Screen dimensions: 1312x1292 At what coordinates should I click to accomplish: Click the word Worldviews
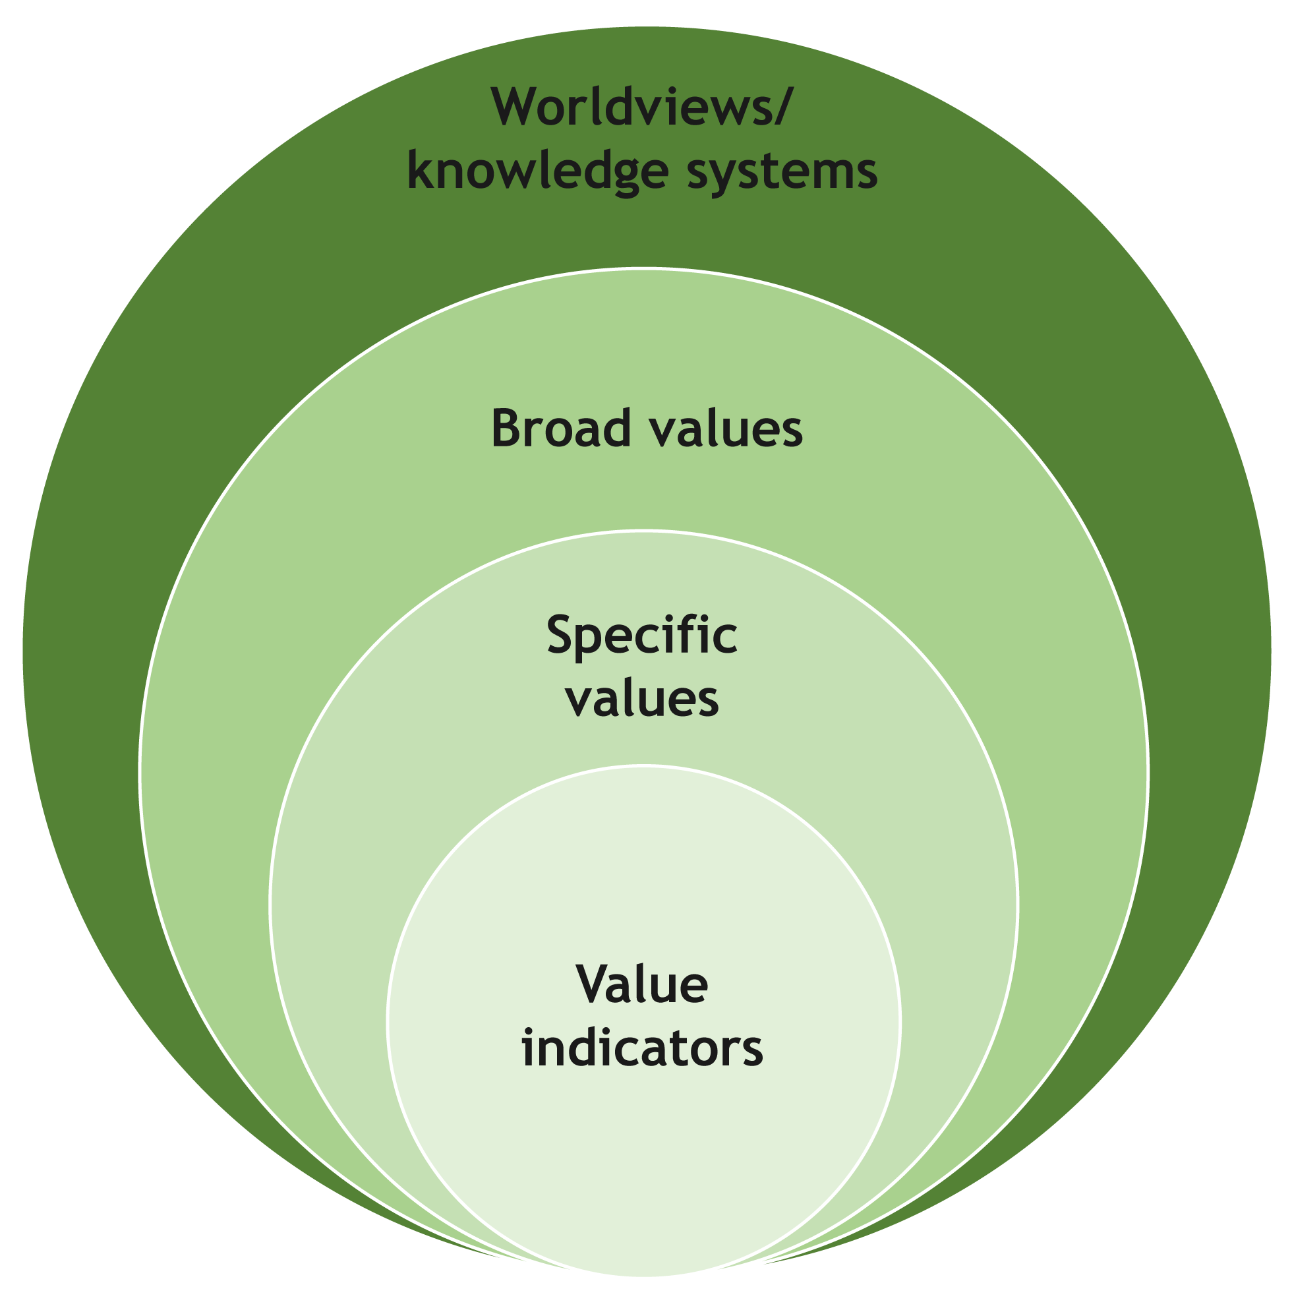click(631, 107)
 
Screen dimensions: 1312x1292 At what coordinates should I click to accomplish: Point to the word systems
click(782, 172)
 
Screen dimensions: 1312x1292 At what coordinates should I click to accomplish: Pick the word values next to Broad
click(725, 429)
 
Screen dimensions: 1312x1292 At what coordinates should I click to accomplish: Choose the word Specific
click(641, 636)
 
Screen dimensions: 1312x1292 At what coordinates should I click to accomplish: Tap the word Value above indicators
click(641, 985)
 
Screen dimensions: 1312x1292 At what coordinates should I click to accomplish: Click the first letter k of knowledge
click(420, 172)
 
